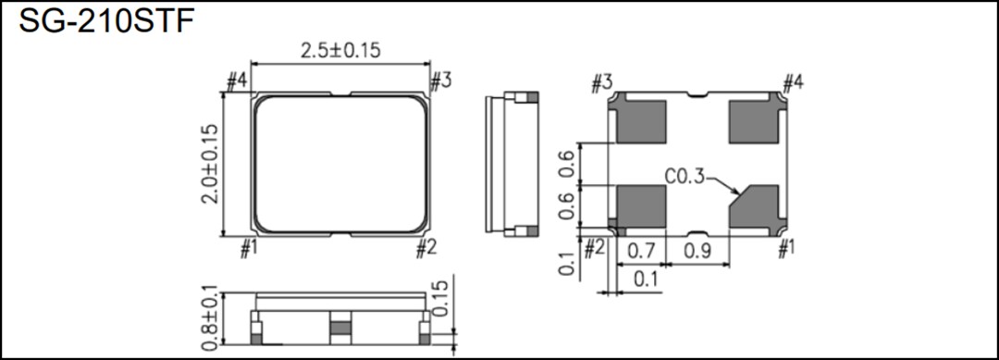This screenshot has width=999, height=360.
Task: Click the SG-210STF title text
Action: (105, 22)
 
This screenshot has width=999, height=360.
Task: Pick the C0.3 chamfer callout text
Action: (684, 176)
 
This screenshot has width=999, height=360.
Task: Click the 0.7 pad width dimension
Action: (642, 250)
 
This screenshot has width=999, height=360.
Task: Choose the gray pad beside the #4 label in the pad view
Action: (755, 121)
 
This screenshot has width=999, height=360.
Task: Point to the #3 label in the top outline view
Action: (440, 81)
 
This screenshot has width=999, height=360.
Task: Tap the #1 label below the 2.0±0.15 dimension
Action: (248, 247)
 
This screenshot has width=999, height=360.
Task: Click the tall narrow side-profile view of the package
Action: (512, 165)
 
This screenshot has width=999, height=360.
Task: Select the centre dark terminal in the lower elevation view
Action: (340, 326)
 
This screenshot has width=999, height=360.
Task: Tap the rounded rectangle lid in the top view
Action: (341, 164)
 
